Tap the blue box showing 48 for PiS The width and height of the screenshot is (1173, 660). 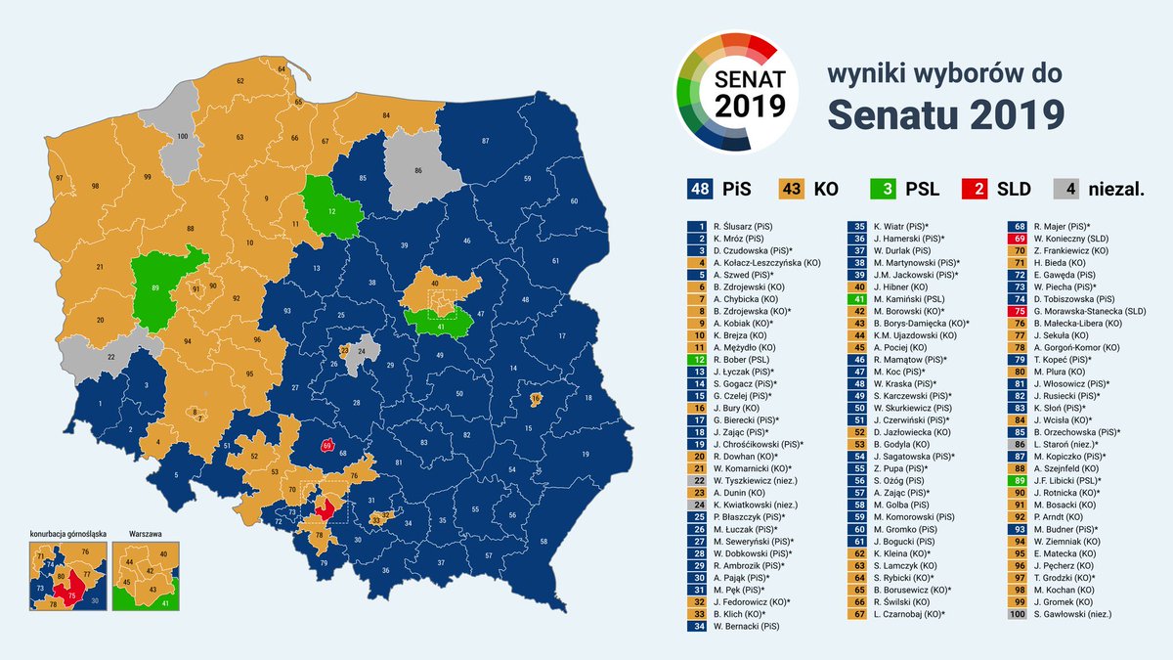click(701, 188)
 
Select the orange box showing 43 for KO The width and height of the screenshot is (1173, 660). click(792, 188)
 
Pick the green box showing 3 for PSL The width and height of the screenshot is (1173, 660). click(884, 188)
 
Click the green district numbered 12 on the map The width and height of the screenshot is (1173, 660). click(330, 209)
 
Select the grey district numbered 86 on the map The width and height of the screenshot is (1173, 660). click(419, 170)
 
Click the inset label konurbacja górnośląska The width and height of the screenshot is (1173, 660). click(65, 535)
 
